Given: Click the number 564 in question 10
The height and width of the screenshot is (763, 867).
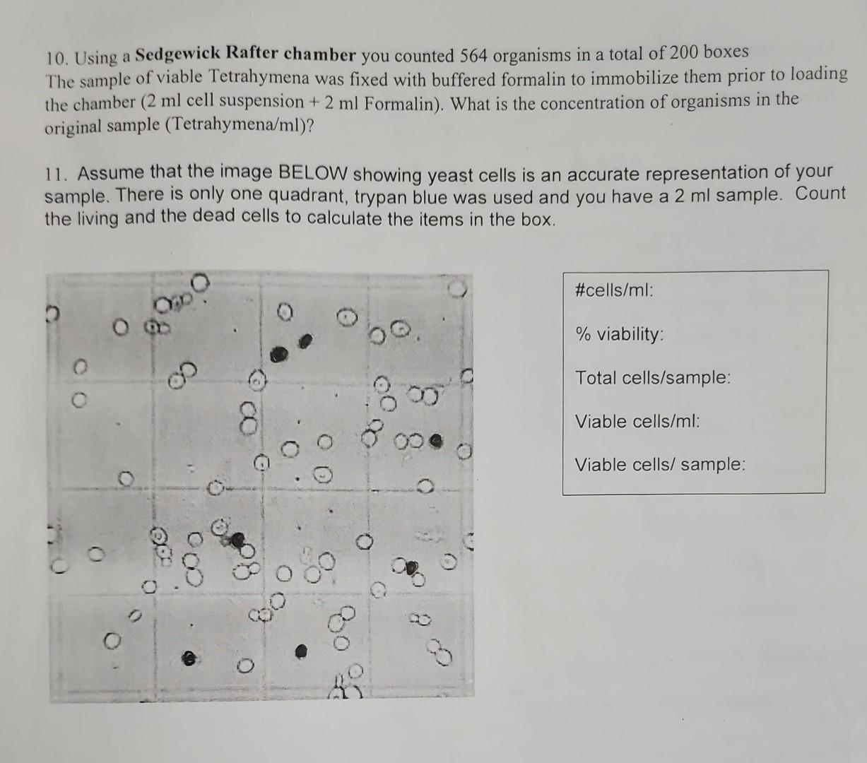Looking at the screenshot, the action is (x=473, y=55).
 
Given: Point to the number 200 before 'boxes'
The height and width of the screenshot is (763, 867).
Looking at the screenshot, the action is (x=684, y=53).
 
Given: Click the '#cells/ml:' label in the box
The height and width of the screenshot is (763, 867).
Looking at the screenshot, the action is (x=614, y=290).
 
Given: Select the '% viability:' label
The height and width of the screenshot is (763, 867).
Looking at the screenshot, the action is (x=619, y=333).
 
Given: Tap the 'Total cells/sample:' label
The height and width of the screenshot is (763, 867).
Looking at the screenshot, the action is (x=653, y=377).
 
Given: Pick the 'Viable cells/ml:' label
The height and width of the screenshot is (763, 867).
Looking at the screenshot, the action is (x=637, y=422).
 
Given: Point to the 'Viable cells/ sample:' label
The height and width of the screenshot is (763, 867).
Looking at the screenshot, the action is (x=660, y=465).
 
